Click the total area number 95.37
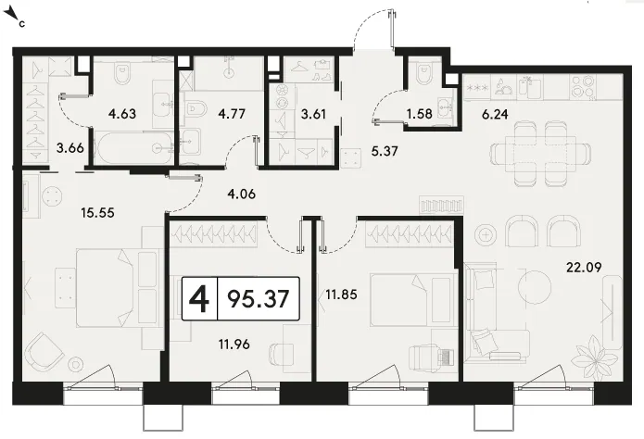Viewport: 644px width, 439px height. click(259, 298)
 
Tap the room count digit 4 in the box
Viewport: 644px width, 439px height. click(199, 298)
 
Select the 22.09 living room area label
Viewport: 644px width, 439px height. click(584, 268)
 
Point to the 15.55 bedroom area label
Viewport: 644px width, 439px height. click(97, 213)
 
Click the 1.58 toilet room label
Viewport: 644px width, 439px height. click(420, 113)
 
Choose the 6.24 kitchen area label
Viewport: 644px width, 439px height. click(495, 114)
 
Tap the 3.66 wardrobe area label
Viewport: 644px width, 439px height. click(70, 147)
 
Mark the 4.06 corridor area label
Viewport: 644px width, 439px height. click(242, 194)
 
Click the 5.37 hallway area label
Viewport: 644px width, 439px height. click(385, 151)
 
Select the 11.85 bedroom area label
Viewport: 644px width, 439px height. click(341, 295)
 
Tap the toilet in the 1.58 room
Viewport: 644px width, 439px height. click(422, 73)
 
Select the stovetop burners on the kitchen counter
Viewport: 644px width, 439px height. click(583, 87)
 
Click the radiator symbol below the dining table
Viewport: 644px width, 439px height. click(441, 205)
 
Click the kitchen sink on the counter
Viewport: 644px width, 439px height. click(530, 87)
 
